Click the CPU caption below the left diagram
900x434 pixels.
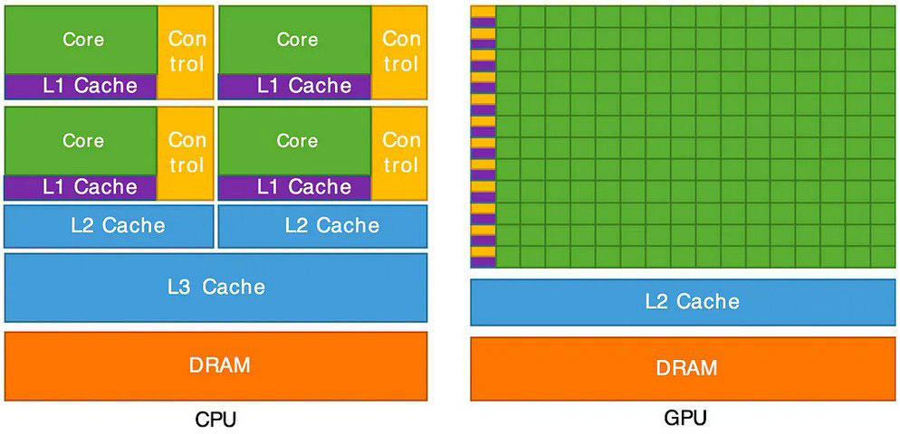[215, 420]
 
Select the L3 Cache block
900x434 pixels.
[215, 288]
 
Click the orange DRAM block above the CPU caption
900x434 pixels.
[215, 366]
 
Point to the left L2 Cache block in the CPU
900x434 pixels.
[109, 226]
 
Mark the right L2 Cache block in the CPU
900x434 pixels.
[323, 226]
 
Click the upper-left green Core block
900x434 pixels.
[81, 40]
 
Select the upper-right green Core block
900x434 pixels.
[294, 40]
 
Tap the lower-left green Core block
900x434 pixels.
[81, 141]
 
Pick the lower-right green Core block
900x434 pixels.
[294, 141]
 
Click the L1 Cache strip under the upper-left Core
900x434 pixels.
[81, 87]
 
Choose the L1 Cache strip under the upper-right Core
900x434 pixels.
[294, 87]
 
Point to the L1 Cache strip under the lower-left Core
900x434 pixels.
[81, 188]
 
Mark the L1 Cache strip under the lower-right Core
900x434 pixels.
[294, 188]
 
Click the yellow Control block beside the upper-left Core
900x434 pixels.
[185, 52]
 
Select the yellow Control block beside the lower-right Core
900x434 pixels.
[399, 153]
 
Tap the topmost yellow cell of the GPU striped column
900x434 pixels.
[483, 12]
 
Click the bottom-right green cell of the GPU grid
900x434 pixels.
[884, 257]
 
